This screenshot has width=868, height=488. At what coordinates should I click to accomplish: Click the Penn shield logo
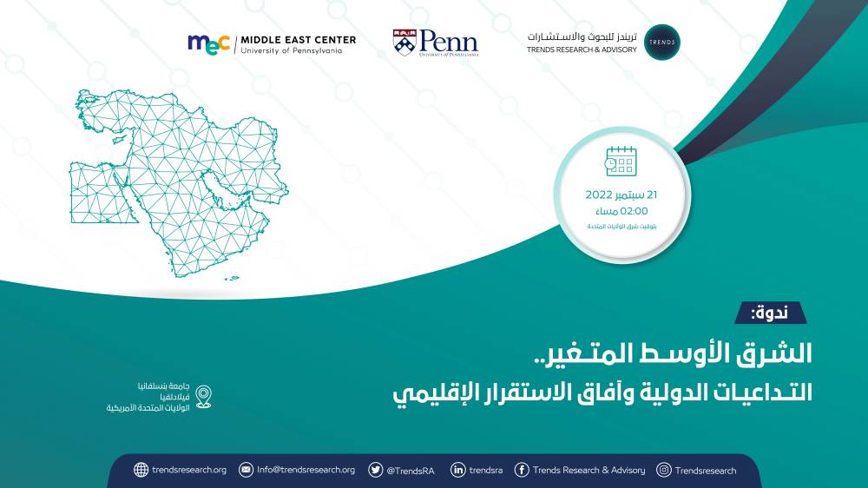click(404, 42)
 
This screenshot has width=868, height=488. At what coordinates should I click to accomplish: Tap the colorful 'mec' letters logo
click(209, 43)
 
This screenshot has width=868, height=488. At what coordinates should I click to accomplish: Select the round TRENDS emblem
click(662, 43)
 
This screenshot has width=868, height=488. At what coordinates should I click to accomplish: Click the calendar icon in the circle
click(621, 162)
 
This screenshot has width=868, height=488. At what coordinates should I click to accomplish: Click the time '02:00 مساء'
click(621, 210)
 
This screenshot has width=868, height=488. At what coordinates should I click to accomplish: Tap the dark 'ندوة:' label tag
click(771, 313)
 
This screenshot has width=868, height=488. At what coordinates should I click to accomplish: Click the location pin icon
click(203, 397)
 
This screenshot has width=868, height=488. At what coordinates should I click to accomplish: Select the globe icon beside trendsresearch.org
click(141, 470)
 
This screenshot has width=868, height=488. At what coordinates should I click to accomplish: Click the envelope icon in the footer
click(246, 470)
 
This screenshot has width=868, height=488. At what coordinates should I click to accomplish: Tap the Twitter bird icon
click(376, 470)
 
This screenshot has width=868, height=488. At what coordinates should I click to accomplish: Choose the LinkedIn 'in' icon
click(457, 470)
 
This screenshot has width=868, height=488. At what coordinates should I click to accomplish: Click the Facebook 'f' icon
click(522, 470)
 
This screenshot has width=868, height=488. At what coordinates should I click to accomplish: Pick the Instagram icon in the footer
click(664, 470)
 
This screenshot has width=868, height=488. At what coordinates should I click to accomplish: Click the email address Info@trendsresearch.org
click(306, 470)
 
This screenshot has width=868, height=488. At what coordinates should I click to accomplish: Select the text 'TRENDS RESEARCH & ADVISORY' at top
click(581, 49)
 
